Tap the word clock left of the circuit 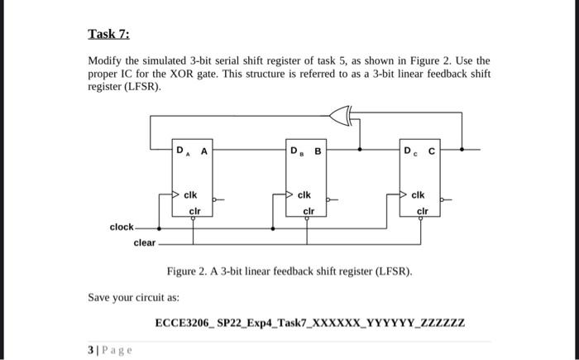122,227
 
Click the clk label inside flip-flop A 189,195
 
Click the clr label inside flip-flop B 308,210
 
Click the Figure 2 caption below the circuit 289,271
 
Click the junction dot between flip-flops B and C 359,150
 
